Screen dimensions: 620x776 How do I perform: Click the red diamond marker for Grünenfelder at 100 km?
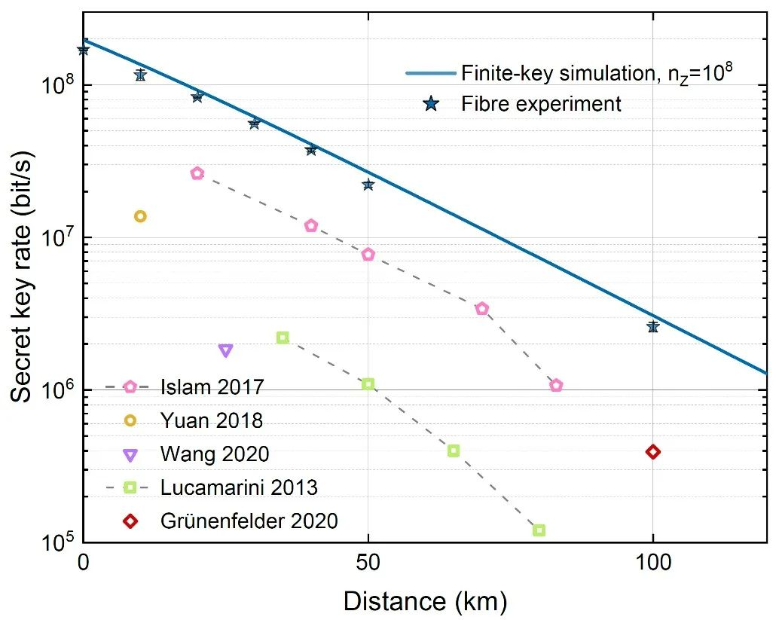click(x=652, y=452)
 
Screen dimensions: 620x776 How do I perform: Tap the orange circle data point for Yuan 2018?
click(x=140, y=216)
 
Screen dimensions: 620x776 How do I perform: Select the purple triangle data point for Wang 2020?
click(x=225, y=350)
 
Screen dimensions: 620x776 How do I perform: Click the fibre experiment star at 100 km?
click(x=652, y=326)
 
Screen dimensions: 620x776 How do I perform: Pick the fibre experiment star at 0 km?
click(x=84, y=50)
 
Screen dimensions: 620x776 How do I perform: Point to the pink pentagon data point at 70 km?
click(x=482, y=308)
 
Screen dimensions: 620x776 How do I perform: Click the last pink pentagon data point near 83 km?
click(x=556, y=385)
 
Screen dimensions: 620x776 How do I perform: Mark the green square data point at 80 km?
click(x=539, y=530)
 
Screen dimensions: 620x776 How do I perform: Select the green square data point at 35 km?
click(x=283, y=337)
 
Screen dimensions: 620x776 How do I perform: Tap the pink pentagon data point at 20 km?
click(x=197, y=173)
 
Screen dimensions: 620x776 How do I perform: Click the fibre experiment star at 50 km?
click(x=368, y=184)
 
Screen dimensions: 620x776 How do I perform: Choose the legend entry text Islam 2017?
click(x=212, y=387)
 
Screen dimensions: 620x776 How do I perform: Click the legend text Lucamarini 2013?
click(x=239, y=487)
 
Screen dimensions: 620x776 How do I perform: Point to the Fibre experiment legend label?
click(x=541, y=103)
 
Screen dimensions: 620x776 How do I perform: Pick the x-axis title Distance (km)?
click(x=425, y=601)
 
